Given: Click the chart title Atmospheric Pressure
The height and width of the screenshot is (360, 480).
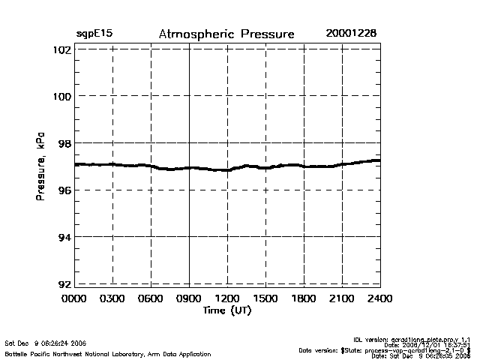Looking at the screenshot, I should [226, 34].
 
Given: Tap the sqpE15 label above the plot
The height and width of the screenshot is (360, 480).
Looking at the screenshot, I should [94, 34].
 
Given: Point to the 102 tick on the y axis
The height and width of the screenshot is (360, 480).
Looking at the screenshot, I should [62, 49].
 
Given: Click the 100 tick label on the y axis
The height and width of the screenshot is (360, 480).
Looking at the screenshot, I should [62, 96].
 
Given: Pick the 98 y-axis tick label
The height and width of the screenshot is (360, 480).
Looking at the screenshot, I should [64, 143].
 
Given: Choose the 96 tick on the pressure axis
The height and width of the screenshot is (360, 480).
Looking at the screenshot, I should [64, 190].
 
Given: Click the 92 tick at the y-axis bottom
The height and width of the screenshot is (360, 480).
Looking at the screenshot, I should [64, 284].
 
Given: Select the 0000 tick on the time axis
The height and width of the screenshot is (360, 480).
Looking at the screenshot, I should [75, 299].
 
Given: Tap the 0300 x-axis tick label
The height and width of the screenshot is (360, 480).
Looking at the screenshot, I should [113, 299].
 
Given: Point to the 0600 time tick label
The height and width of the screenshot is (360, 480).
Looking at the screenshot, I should [151, 299].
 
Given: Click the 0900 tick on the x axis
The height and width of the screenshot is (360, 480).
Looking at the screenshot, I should [190, 299].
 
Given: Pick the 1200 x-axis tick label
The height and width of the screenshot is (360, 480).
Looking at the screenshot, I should [227, 299].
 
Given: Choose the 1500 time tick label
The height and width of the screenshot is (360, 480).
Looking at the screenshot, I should [265, 299].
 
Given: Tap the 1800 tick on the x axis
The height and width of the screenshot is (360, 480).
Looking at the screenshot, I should [304, 299].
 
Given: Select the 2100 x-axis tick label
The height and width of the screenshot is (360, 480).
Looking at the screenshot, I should [342, 299].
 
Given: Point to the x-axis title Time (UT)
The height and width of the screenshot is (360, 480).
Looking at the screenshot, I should [226, 310].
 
